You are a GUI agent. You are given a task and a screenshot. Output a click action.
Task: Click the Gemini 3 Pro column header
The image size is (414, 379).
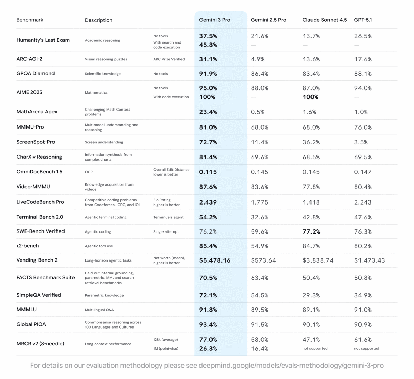[215, 20]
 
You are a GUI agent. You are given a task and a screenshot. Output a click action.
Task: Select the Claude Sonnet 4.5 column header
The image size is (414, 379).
[324, 20]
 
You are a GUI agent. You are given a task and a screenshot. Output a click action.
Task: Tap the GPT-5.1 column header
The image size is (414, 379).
[363, 20]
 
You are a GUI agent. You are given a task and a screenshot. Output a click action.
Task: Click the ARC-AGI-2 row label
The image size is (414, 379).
[29, 59]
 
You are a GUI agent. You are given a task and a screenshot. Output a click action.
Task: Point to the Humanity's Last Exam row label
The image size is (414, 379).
[43, 40]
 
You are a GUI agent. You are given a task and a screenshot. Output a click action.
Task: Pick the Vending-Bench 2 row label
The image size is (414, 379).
[37, 260]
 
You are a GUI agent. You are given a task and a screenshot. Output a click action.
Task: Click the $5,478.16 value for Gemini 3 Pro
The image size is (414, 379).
[215, 260]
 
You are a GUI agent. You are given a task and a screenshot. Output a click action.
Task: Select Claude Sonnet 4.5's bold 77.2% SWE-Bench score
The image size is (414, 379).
[311, 232]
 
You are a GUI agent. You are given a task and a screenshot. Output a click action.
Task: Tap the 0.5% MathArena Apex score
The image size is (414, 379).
[257, 112]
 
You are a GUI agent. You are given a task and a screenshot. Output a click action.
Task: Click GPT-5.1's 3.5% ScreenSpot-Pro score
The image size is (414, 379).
[361, 142]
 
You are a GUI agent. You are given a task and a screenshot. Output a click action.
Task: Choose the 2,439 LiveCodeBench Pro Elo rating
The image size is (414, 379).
[208, 202]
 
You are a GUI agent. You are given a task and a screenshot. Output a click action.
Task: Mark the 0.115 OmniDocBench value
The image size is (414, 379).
[208, 172]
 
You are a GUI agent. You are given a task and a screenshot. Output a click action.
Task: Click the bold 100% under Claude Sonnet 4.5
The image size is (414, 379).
[310, 97]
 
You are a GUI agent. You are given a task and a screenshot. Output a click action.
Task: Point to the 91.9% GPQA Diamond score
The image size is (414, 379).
[208, 74]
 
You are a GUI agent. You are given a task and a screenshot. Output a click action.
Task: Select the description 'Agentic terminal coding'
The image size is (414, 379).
[106, 217]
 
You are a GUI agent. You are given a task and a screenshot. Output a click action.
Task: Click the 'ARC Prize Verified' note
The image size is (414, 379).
[169, 59]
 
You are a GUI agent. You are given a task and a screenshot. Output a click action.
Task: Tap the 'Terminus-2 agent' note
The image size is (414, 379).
[168, 217]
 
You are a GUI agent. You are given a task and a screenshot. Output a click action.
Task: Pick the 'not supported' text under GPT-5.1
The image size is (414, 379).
[366, 348]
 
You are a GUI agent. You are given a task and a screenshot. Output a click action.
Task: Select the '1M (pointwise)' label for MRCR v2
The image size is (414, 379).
[166, 348]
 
